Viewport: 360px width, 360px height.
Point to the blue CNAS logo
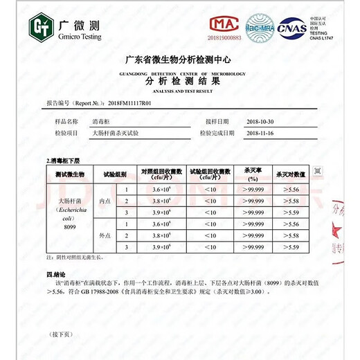(x=291, y=28)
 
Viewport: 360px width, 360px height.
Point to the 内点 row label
(x=105, y=200)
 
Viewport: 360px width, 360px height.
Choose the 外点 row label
(x=105, y=236)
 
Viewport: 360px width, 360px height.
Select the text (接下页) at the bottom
(x=61, y=334)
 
